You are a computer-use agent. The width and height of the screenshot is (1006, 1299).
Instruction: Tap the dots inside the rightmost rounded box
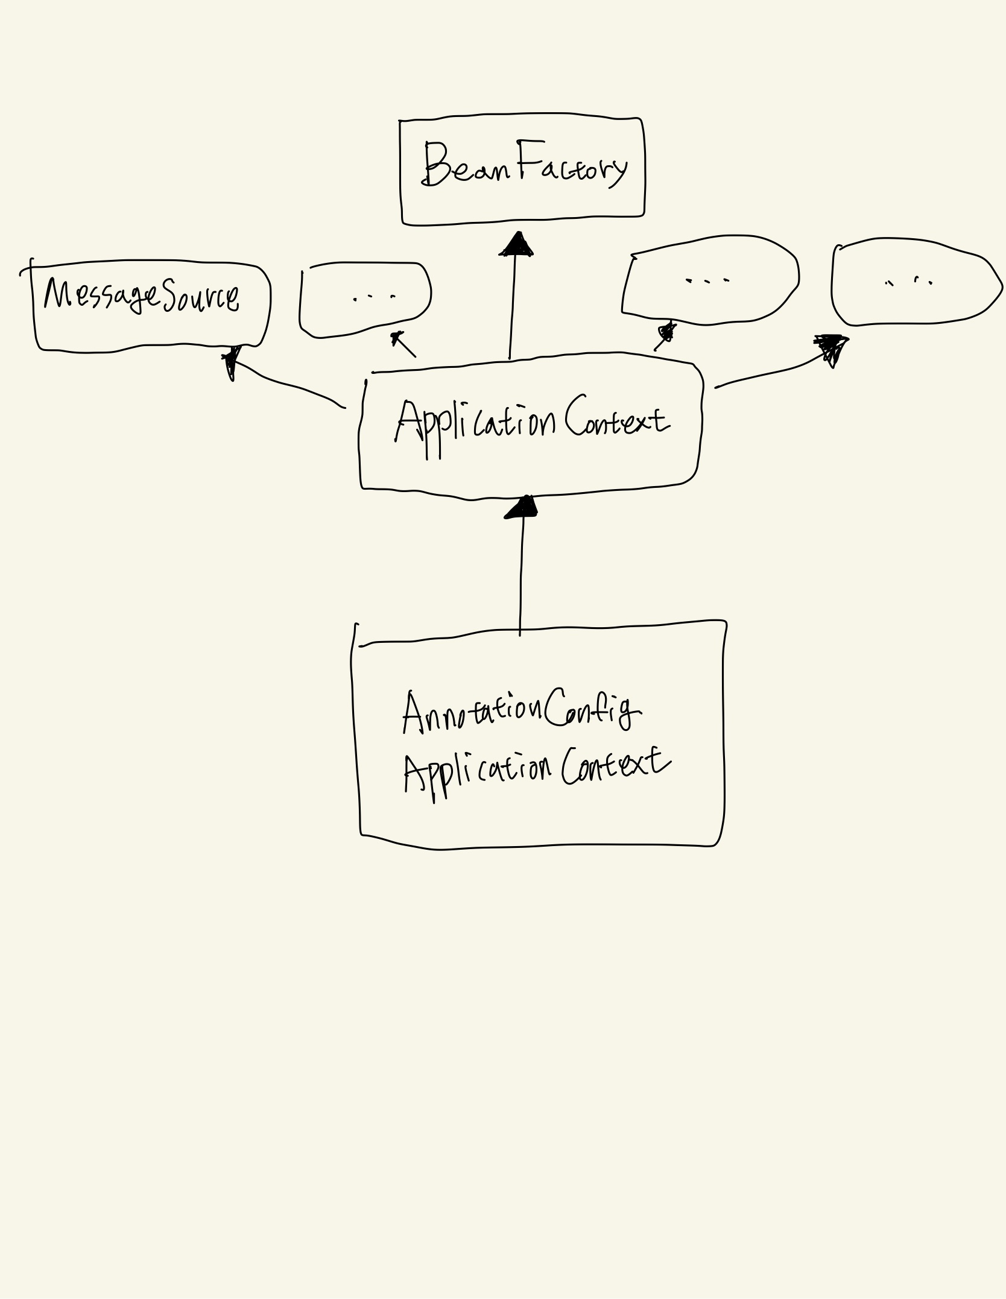[909, 281]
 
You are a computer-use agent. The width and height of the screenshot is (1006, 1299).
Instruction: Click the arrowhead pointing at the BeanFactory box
[516, 245]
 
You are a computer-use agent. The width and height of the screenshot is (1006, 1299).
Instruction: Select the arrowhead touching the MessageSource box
[230, 362]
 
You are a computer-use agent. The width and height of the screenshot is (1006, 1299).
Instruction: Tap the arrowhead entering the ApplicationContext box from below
[522, 508]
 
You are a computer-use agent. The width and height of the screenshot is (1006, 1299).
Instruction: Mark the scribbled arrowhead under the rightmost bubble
[831, 350]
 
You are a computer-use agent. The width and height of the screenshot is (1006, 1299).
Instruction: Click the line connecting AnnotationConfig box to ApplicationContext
[521, 573]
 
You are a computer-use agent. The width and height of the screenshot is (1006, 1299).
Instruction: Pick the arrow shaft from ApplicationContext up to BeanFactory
[513, 308]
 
